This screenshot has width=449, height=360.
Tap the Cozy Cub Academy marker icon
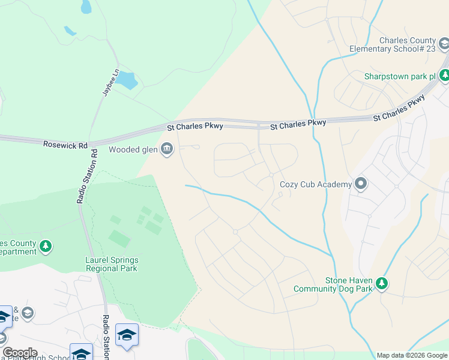coord(360,184)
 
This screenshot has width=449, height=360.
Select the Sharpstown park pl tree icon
coord(444,76)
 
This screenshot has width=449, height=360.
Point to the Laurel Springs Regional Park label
coord(112,264)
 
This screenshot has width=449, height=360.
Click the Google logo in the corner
coord(20,353)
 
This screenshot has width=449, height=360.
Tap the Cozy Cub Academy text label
coord(316,184)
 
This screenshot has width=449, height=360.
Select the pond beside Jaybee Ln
coord(127,80)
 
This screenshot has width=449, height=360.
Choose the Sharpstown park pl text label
coord(400,77)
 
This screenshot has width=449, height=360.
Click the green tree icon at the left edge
coord(46,246)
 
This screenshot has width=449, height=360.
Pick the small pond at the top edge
coord(86,7)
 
